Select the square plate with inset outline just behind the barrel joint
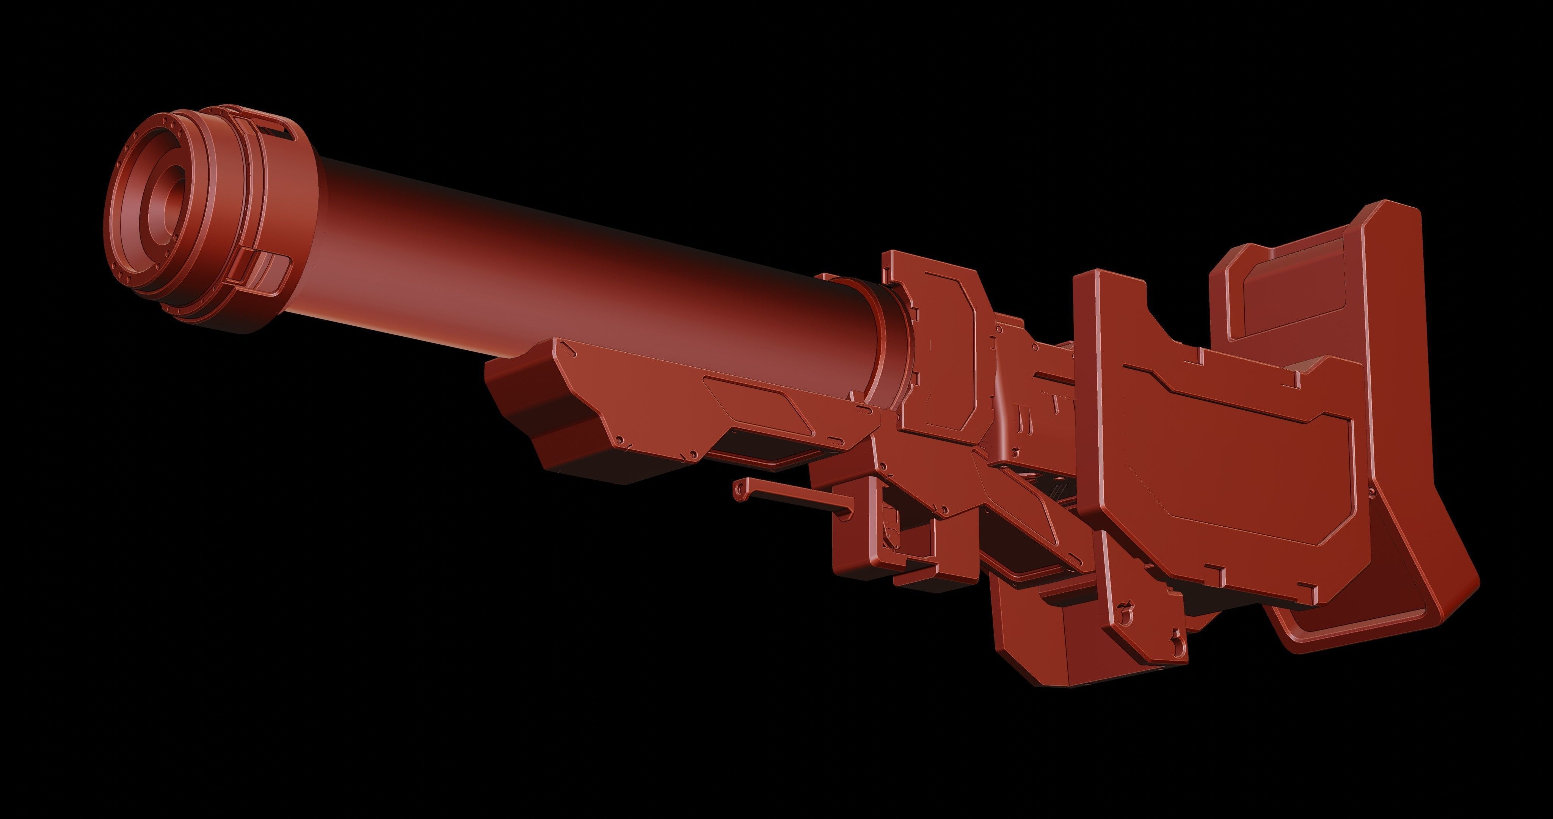click(x=940, y=350)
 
